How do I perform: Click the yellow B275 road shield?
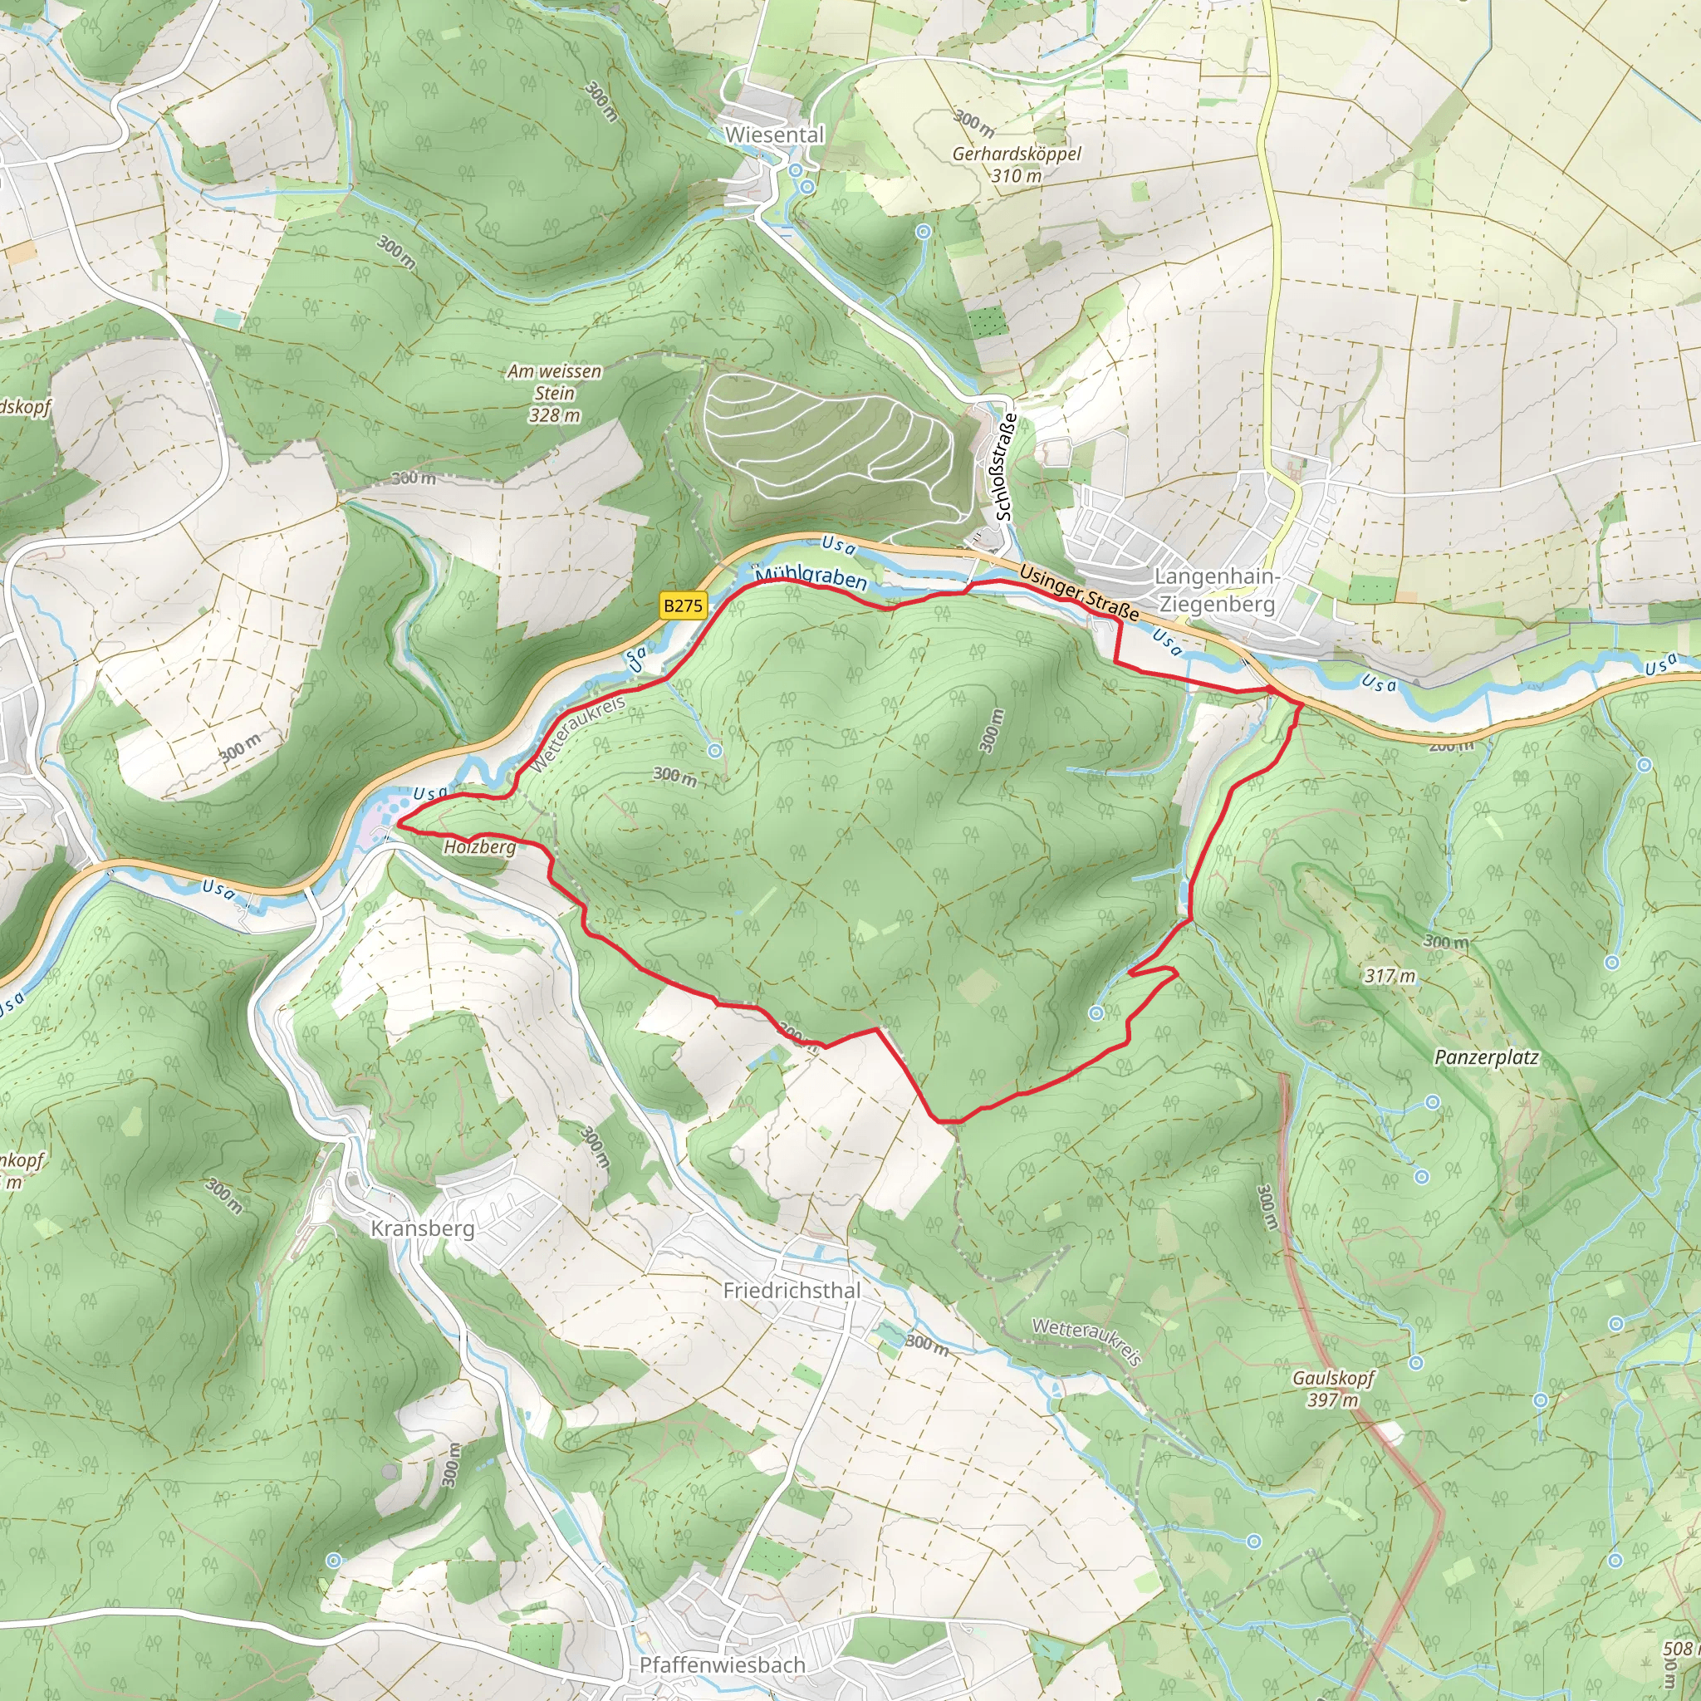pos(684,605)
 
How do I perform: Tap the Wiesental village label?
pos(774,135)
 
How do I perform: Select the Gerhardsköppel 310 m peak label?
pos(1016,164)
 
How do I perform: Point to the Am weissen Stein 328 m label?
pos(554,393)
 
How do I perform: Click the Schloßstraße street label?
pos(1005,466)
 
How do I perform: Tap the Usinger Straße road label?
pos(1079,592)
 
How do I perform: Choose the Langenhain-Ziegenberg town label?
pos(1217,590)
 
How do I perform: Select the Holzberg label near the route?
pos(479,847)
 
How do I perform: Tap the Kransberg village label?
pos(423,1228)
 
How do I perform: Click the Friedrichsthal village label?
pos(792,1290)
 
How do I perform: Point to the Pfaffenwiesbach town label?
pos(722,1665)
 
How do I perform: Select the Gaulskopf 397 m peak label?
pos(1332,1389)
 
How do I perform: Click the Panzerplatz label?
pos(1486,1057)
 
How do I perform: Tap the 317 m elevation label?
pos(1390,976)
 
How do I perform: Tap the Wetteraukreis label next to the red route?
pos(578,734)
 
